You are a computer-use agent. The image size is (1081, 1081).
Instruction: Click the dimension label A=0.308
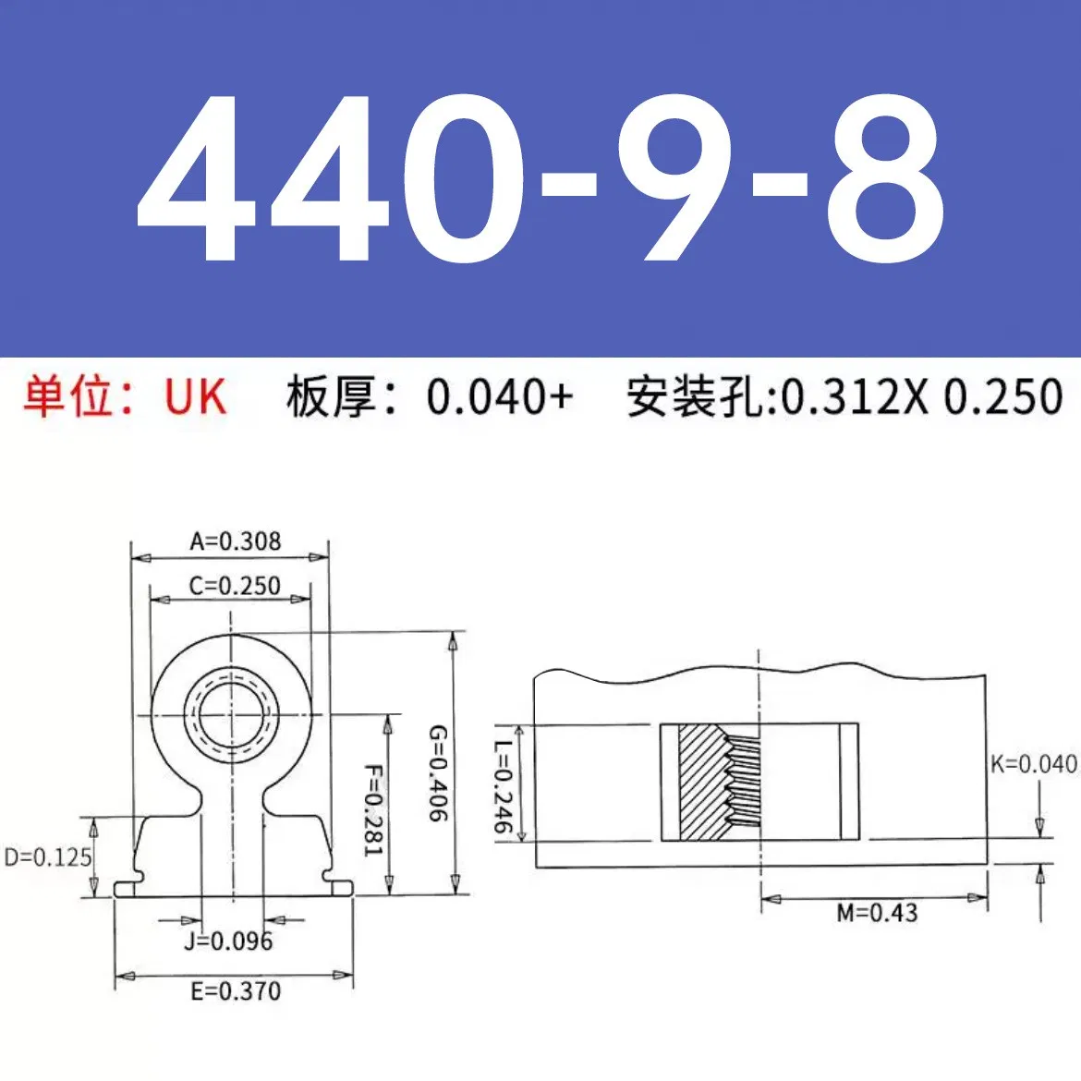[235, 541]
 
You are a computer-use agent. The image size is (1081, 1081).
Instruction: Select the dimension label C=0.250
[234, 586]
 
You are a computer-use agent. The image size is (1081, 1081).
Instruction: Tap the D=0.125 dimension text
[48, 857]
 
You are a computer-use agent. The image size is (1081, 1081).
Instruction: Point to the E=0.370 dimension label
[236, 991]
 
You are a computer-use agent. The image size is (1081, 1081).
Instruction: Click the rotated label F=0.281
[371, 809]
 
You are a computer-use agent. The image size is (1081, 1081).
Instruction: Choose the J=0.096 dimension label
[228, 941]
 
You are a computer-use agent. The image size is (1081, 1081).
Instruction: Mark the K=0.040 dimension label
[1034, 764]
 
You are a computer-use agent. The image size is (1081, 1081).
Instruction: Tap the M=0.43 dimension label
[877, 914]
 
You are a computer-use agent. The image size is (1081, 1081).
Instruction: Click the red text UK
[195, 397]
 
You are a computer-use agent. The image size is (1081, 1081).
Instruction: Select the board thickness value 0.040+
[500, 397]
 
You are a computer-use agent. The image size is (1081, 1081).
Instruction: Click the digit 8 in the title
[885, 177]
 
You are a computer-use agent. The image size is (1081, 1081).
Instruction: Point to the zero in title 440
[462, 177]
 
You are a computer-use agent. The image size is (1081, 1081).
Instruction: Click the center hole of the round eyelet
[232, 715]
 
